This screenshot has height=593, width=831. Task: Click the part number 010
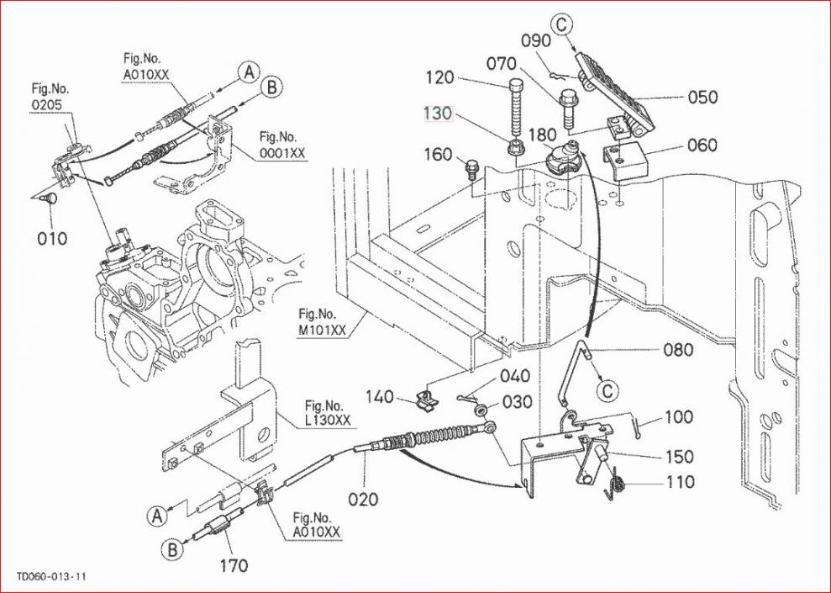52,239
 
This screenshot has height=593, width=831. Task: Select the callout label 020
363,499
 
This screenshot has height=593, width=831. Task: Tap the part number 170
234,566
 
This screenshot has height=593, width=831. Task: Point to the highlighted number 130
438,113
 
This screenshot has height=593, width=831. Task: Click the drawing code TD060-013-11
51,576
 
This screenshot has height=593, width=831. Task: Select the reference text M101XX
321,331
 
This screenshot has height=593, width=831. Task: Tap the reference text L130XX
328,420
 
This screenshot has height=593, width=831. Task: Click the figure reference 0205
47,104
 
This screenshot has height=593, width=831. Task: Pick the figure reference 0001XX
282,153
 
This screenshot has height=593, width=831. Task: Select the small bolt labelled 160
471,170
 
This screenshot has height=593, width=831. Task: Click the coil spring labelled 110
616,483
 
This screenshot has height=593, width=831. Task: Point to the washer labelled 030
481,410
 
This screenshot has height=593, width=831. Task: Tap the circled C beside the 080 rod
607,391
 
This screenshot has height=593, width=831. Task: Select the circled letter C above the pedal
562,24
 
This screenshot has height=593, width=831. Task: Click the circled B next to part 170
172,549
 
